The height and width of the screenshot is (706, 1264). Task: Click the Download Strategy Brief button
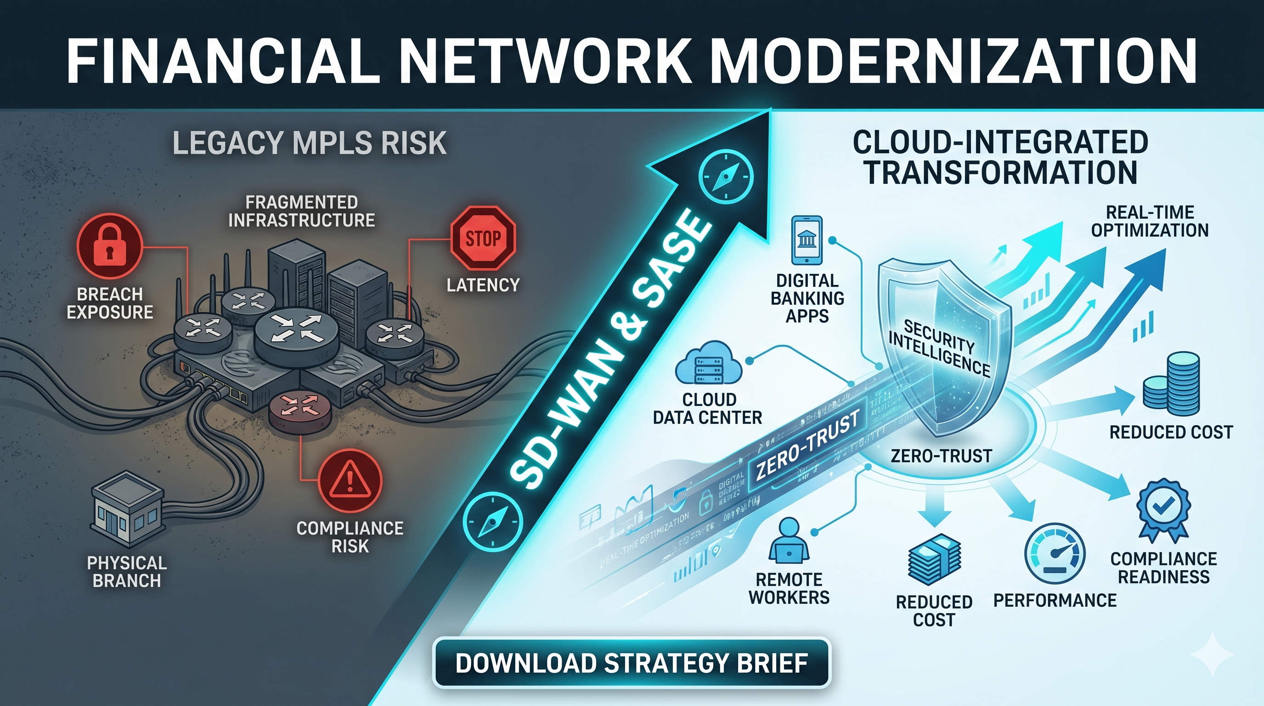632,663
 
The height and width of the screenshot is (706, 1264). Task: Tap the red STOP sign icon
483,238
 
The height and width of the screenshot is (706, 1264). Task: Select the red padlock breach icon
109,246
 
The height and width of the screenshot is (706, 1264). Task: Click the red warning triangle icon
350,481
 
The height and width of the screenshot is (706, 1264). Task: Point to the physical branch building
127,510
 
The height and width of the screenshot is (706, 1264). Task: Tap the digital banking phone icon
806,240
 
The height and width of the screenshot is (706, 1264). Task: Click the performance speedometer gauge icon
1055,554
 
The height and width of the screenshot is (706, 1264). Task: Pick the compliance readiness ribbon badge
1163,511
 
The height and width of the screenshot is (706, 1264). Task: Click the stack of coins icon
1172,383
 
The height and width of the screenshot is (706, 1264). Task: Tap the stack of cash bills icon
934,560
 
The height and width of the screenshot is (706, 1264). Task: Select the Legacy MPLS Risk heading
309,143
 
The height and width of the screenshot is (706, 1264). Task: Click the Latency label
483,285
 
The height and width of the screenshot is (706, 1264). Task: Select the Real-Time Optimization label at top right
1149,221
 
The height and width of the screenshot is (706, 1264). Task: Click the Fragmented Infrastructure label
301,211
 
